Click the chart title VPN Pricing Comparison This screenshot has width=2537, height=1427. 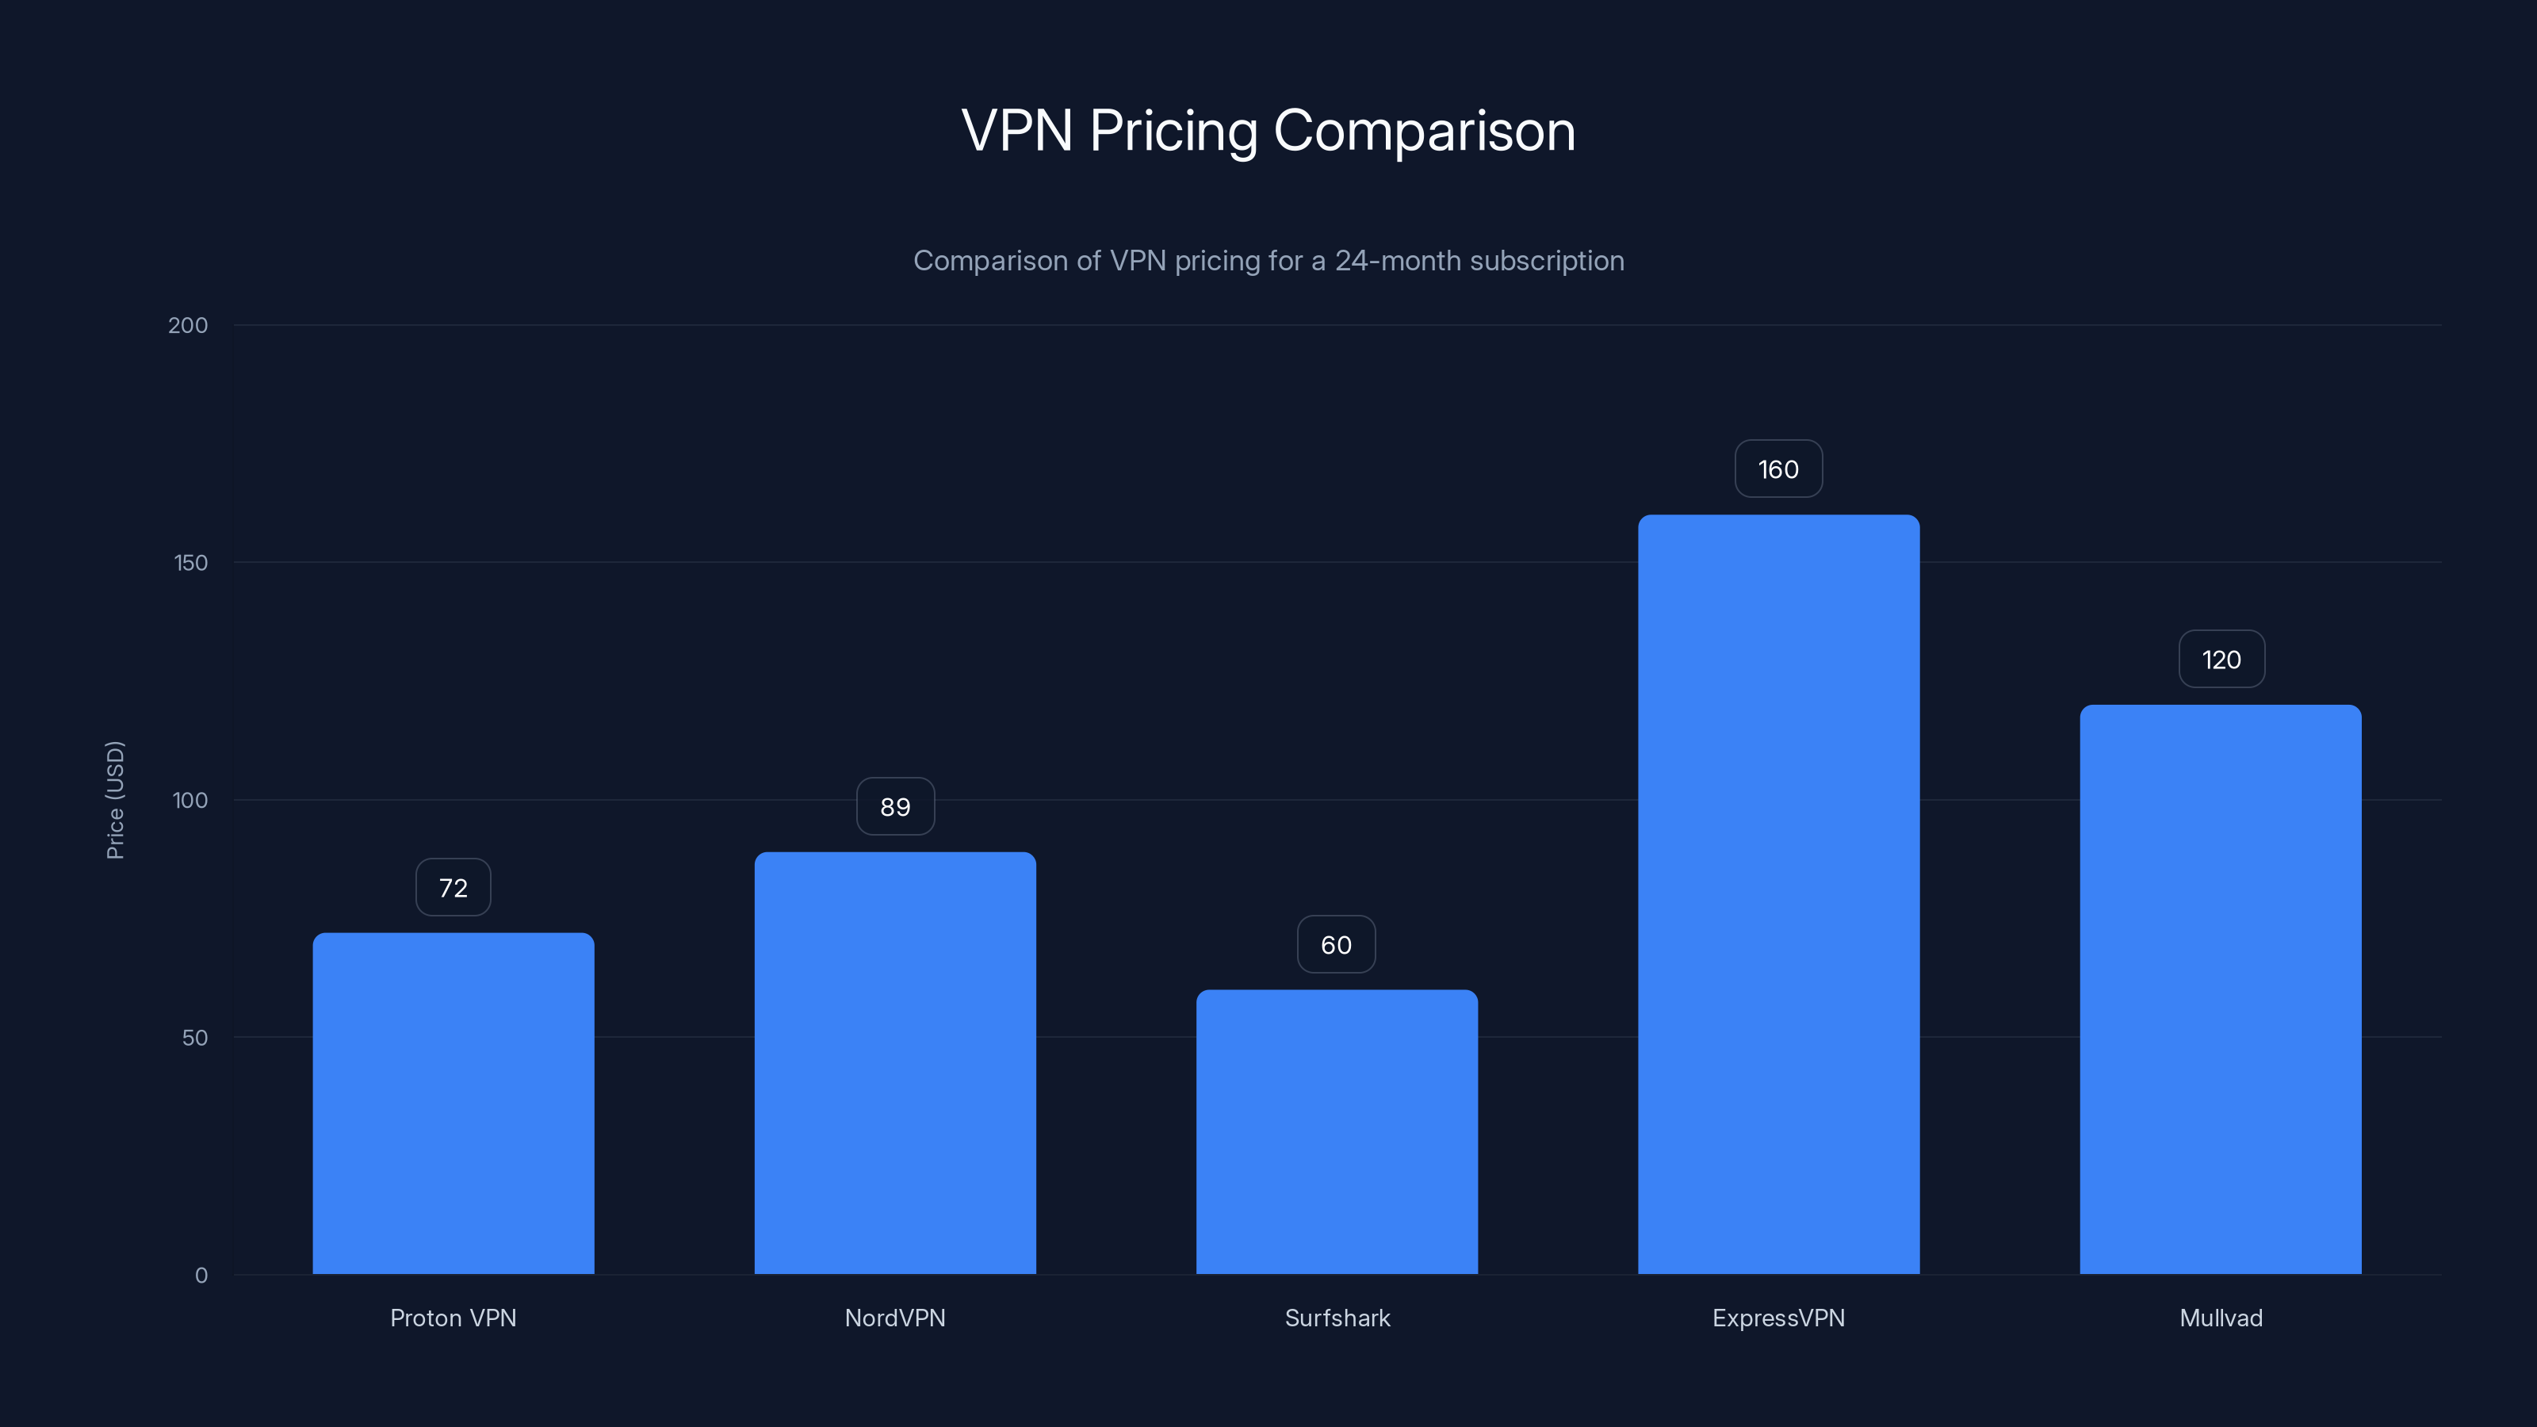1268,131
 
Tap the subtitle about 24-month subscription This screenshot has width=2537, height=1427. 1268,261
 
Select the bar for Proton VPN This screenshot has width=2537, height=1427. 453,1103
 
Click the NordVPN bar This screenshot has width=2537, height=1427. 894,1064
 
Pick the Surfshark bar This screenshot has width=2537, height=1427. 1337,1133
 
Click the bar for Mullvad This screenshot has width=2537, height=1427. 2220,989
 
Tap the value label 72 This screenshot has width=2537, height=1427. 453,887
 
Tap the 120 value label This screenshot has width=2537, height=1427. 2221,659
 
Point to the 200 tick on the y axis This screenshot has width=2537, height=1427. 188,325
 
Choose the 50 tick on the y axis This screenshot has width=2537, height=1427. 195,1037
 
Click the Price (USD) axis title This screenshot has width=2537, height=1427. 115,800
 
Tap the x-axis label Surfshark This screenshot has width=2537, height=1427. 1337,1318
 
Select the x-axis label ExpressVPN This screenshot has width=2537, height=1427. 1777,1318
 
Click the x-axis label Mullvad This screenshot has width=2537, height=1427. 2220,1318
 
